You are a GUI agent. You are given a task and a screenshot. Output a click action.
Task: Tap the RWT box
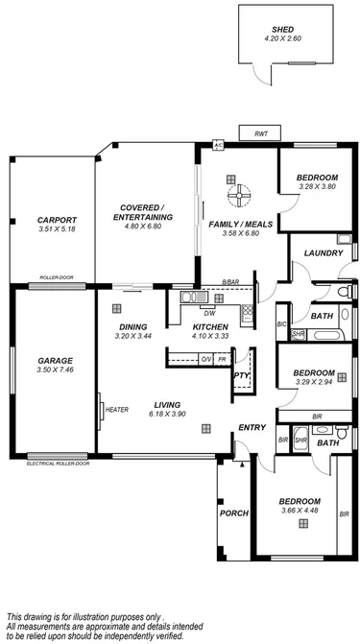tap(260, 135)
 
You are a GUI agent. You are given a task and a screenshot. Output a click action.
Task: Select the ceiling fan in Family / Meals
tap(235, 195)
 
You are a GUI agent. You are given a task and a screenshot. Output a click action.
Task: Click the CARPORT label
tap(43, 219)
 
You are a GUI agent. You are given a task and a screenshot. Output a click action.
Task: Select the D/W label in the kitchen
tap(208, 312)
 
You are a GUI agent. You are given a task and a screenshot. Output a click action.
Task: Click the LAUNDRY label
tap(316, 253)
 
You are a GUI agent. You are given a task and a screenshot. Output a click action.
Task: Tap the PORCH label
tap(234, 513)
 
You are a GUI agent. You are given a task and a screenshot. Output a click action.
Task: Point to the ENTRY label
tap(252, 428)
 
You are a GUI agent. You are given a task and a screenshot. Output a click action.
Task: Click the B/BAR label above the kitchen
tap(229, 281)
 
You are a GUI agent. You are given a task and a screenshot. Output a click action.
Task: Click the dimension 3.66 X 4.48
tap(300, 511)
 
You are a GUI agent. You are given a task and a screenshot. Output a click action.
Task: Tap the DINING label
tap(132, 326)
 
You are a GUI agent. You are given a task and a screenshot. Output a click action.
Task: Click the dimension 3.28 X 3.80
tap(316, 187)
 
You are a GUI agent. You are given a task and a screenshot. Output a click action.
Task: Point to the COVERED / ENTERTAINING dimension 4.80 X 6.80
tap(146, 228)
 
